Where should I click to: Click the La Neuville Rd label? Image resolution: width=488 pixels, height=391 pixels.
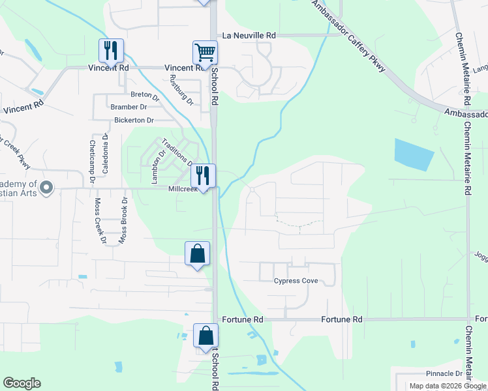coord(249,35)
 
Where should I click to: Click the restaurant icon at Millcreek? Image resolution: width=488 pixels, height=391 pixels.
coord(203,175)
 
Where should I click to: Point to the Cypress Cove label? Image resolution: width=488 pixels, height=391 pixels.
coord(296,281)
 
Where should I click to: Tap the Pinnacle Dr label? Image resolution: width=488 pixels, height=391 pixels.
coord(444,374)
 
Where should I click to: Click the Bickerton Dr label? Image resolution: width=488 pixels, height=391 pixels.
coord(134,121)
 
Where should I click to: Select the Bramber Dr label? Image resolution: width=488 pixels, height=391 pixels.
coord(129,107)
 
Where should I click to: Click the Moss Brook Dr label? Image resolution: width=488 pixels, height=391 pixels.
coord(121,221)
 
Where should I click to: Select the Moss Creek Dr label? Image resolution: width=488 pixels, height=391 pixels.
coord(100,221)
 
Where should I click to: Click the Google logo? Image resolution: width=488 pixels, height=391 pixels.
coord(22,383)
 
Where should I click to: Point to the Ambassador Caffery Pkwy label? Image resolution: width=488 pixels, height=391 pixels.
coord(348,36)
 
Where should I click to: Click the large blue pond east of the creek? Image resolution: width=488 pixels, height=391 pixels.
coord(413,154)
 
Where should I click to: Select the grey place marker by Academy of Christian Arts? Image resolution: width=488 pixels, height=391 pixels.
coord(46,188)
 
